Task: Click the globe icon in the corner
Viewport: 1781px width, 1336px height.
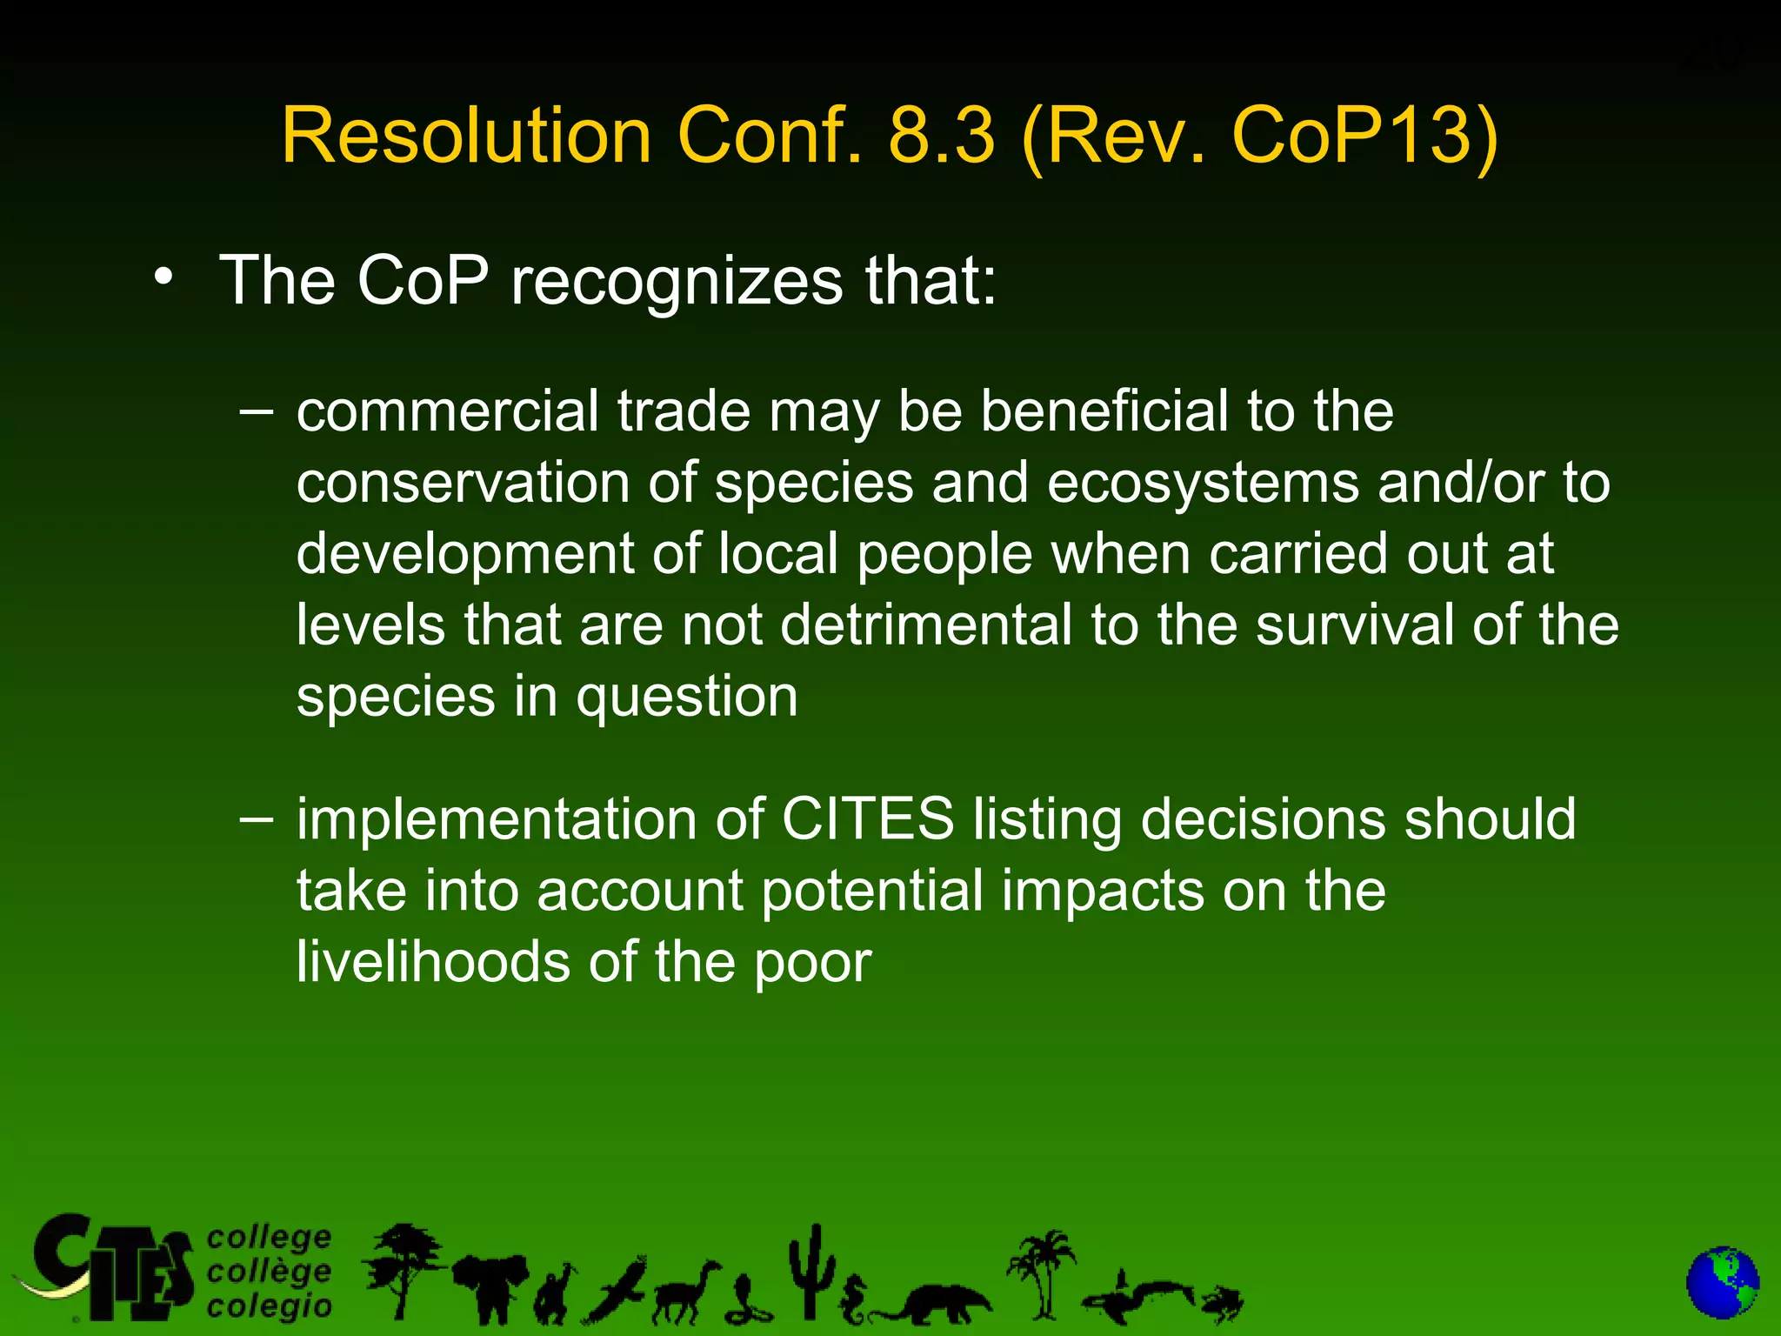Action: click(x=1722, y=1284)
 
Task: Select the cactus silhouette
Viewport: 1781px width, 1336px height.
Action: click(x=812, y=1271)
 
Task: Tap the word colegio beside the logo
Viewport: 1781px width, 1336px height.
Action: click(x=269, y=1306)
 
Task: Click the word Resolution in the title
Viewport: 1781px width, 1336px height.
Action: click(x=466, y=136)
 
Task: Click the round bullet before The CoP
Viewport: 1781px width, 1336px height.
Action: click(x=163, y=277)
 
